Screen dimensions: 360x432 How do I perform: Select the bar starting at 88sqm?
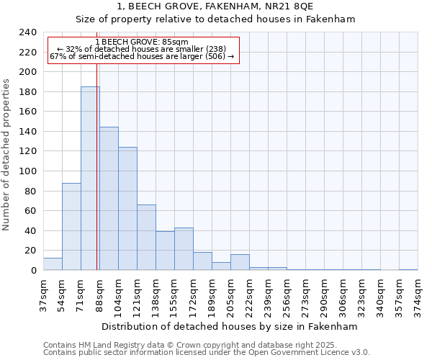click(109, 199)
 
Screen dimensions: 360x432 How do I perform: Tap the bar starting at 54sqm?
click(71, 227)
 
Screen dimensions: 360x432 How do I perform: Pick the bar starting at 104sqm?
click(127, 209)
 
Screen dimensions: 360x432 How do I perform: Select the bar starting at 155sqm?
click(184, 249)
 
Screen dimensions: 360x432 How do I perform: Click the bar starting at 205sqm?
click(240, 262)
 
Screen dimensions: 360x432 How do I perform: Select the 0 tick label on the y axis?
click(33, 271)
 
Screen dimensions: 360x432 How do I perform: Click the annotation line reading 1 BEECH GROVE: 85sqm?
click(141, 42)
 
